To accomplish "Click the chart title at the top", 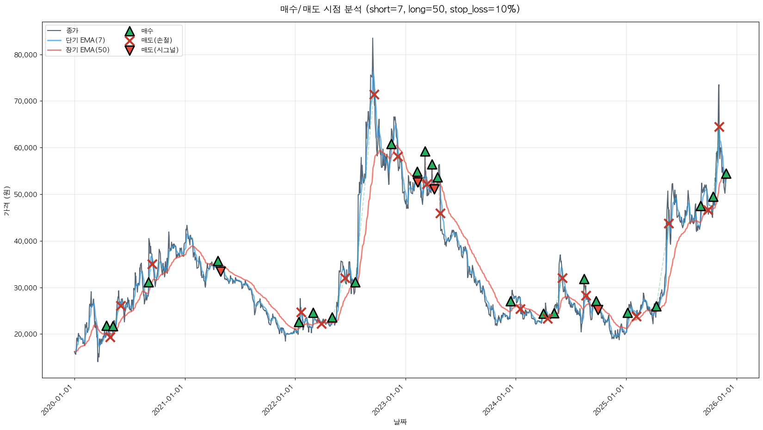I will (400, 9).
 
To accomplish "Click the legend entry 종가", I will (72, 31).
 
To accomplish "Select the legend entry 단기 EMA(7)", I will (85, 40).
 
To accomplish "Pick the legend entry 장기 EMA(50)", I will (87, 50).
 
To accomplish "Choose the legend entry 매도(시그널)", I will (160, 50).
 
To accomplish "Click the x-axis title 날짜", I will (400, 422).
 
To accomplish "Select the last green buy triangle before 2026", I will (726, 174).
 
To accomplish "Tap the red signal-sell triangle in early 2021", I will (221, 271).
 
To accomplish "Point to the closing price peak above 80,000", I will (373, 39).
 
